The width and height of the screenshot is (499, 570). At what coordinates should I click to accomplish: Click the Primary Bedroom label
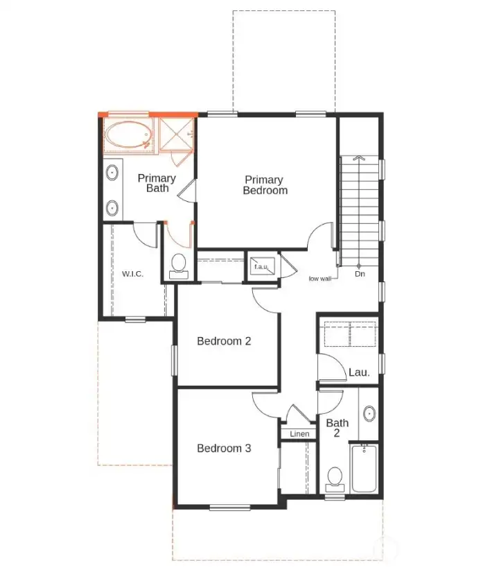click(265, 185)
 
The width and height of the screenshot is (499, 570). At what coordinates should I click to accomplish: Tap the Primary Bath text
click(157, 183)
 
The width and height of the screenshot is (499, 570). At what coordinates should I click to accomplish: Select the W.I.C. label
click(132, 274)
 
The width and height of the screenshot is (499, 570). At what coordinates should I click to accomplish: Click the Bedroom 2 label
click(223, 341)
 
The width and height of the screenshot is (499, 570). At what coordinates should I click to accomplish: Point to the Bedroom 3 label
click(224, 449)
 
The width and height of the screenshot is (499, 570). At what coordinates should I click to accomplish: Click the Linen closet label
click(299, 434)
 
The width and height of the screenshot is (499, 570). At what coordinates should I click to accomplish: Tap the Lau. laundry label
click(359, 372)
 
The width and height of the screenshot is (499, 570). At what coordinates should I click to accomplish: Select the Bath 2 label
click(338, 428)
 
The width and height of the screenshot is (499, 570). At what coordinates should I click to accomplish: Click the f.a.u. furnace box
click(262, 266)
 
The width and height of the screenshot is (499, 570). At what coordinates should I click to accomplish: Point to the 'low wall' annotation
click(320, 278)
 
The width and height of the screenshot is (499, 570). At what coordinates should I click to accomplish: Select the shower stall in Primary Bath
click(176, 135)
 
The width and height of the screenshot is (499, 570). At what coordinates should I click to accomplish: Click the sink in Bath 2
click(369, 414)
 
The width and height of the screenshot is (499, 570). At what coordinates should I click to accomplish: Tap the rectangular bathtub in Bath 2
click(364, 469)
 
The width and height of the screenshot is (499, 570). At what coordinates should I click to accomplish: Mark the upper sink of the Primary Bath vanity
click(112, 173)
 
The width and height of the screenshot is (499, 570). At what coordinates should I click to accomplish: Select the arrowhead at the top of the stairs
click(359, 159)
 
